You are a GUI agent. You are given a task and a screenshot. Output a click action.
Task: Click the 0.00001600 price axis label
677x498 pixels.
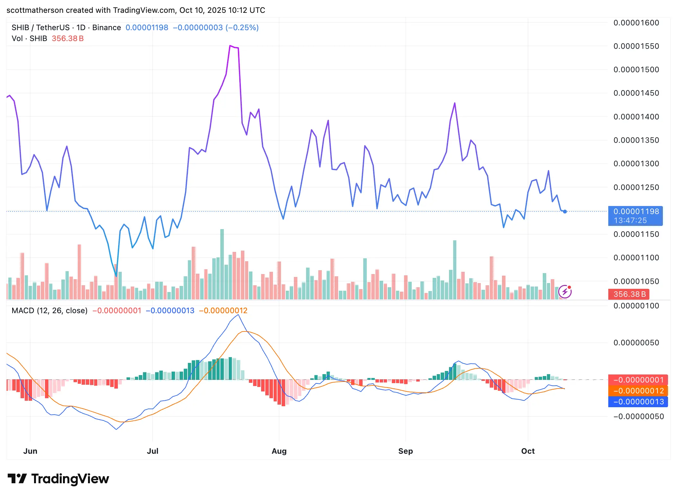(x=636, y=23)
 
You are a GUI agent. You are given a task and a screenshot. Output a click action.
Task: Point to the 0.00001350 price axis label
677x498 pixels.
(x=636, y=140)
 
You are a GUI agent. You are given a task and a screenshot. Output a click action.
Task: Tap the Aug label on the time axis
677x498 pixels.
(x=279, y=451)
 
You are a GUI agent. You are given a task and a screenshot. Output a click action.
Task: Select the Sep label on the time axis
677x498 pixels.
(x=405, y=451)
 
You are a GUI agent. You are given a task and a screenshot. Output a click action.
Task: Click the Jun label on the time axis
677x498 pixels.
(x=30, y=451)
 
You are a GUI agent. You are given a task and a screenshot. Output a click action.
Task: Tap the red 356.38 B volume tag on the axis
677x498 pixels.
(x=629, y=294)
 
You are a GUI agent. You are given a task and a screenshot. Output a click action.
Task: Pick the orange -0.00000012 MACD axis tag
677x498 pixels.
(x=638, y=391)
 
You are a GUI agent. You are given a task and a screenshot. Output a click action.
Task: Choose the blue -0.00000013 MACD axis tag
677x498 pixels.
(x=638, y=402)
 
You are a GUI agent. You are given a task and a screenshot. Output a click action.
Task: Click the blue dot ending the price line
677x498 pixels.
(x=565, y=211)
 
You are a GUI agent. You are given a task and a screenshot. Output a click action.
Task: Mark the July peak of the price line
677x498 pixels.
(x=230, y=46)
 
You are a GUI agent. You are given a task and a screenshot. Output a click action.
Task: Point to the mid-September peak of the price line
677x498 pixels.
(x=455, y=103)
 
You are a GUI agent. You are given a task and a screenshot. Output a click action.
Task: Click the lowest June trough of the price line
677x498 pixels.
(x=116, y=276)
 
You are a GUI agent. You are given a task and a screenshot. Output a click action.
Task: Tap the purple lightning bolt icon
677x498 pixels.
(x=565, y=292)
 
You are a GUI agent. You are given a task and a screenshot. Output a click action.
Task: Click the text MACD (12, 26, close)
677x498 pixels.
(x=49, y=311)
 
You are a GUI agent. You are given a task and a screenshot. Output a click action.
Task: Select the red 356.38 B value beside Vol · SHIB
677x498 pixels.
(x=67, y=39)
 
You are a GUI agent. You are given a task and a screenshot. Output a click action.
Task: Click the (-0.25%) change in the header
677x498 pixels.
(x=242, y=28)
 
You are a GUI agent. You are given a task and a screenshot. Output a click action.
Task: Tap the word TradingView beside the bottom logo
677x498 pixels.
(x=70, y=479)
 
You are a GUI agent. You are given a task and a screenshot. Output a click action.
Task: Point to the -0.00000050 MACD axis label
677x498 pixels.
(x=638, y=416)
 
